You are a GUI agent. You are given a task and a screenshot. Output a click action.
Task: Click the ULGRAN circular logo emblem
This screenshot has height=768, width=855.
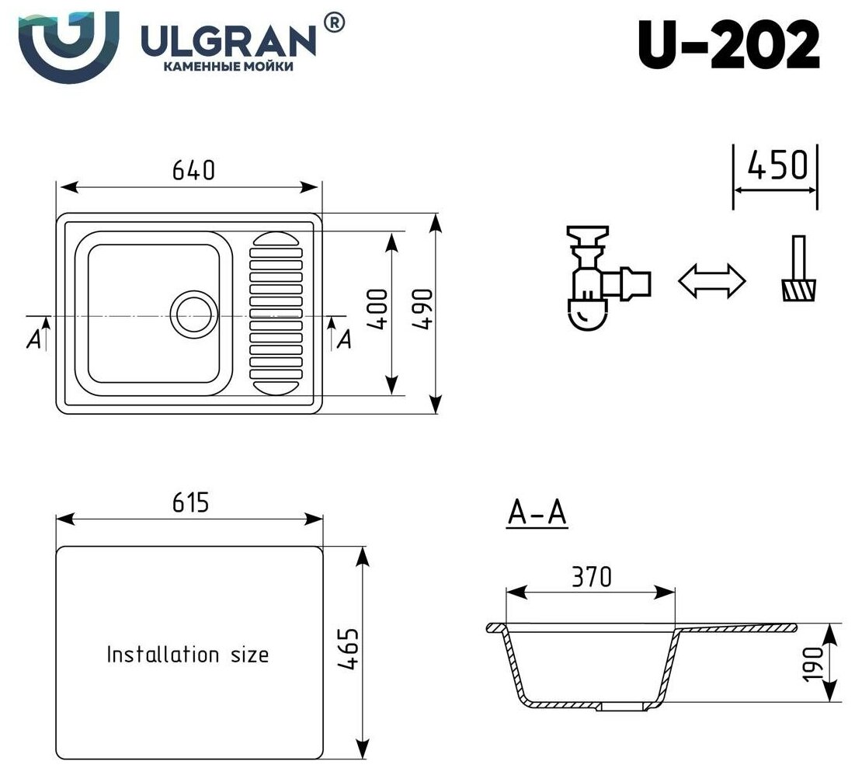coord(68,43)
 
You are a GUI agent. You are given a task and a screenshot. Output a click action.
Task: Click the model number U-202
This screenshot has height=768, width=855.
coord(728,45)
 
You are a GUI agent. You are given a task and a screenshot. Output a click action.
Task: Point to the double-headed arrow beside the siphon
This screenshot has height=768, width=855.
coord(712,281)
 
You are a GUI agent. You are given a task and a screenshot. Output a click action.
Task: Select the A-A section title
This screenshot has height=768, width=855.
coord(537,513)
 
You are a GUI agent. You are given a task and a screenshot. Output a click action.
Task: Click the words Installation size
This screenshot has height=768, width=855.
coord(187,654)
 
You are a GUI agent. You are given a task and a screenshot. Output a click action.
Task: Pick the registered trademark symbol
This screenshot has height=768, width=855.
coord(333,23)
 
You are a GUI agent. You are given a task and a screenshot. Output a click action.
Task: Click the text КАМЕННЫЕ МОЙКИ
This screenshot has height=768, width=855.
coord(228,67)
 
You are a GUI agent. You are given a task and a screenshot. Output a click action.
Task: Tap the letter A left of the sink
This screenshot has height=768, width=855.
coord(33,339)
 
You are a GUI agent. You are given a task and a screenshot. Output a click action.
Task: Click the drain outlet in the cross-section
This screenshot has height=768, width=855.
coord(624,706)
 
